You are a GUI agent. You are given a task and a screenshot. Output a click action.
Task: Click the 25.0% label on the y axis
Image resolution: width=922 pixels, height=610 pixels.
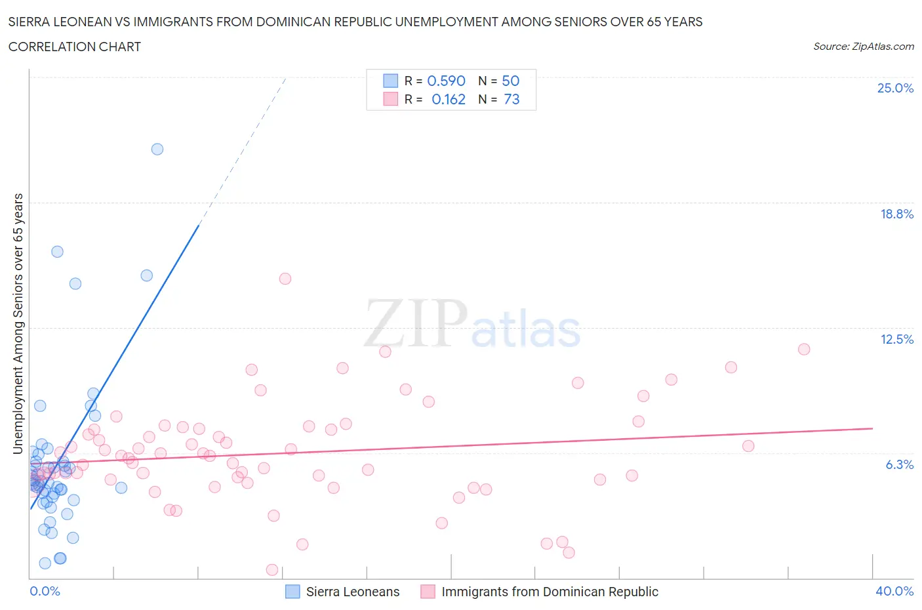[895, 88]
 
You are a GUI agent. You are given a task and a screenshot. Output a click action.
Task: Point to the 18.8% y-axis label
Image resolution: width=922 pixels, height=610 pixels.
[896, 214]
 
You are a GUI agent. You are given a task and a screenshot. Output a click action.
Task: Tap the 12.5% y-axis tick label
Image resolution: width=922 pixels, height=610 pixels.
[896, 339]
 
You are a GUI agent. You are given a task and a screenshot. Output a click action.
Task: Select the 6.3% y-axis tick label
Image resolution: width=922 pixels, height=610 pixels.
[899, 464]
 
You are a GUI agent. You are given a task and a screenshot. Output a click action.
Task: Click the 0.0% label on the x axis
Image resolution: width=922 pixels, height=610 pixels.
[45, 591]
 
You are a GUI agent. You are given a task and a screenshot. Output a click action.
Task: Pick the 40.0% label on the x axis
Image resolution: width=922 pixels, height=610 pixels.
[894, 591]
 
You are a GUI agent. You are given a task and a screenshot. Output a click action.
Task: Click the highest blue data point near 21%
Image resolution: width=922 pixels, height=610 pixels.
[157, 149]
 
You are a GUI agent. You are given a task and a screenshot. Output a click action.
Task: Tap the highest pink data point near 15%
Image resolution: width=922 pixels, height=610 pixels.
[285, 279]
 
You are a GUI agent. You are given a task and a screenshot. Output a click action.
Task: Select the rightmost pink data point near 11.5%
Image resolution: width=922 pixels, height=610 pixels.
[804, 349]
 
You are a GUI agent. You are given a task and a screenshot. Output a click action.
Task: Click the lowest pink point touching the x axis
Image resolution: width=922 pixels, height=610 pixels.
[272, 570]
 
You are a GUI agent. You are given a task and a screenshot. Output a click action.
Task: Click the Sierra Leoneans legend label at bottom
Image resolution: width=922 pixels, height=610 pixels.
[353, 592]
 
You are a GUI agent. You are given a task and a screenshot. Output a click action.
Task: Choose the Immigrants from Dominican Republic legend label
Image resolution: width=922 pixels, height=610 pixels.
[550, 592]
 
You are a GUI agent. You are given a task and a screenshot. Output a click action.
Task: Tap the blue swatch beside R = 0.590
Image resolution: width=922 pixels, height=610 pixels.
[390, 81]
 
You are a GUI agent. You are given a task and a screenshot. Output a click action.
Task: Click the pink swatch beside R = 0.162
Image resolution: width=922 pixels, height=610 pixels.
[390, 99]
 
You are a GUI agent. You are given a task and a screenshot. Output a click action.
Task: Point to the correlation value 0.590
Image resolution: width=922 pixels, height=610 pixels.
[446, 81]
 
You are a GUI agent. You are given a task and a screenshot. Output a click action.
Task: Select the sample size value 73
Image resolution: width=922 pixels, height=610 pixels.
[511, 99]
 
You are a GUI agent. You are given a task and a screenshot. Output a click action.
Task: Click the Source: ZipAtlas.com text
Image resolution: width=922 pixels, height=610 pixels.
[863, 46]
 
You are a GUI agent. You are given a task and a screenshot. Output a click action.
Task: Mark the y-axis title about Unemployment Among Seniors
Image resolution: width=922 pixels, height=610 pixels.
[18, 323]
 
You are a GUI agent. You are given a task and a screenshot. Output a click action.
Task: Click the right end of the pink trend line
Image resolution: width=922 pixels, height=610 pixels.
[872, 428]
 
